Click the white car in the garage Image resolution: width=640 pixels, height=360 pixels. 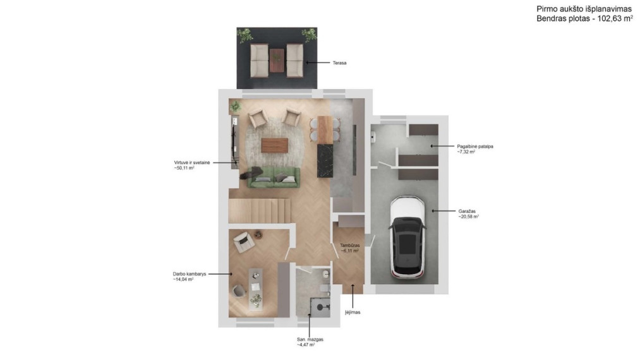408,237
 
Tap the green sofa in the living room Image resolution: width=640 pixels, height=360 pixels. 274,177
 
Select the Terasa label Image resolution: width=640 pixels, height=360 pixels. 340,63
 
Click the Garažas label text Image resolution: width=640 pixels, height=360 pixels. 467,212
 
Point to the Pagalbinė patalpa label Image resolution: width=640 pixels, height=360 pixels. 475,146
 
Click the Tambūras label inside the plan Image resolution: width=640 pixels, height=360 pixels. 350,245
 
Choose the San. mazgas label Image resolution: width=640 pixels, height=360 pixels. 310,339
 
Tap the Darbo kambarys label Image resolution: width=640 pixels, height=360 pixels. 190,274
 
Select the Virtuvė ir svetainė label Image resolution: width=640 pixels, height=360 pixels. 192,162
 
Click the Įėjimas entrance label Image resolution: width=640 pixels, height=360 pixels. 353,312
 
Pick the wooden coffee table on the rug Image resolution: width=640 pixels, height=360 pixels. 275,145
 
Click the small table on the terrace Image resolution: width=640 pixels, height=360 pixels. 277,61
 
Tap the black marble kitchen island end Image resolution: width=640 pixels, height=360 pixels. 325,160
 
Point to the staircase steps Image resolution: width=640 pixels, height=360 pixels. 260,210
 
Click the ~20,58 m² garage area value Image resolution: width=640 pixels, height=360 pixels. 469,217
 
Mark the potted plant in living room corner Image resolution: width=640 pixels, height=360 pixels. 235,107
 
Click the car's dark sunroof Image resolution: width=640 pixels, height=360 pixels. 407,244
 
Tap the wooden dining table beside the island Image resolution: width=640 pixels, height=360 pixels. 325,129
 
